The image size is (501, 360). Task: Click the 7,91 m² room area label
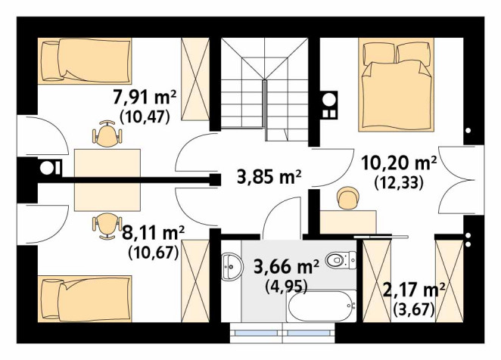coord(145,98)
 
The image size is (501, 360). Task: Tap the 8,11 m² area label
coord(154,233)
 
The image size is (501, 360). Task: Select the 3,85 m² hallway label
coord(269,177)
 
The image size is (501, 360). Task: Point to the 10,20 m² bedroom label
coord(399,163)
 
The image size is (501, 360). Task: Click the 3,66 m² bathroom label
coord(286,267)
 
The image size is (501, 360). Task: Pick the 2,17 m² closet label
coord(414,290)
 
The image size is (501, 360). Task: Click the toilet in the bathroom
coord(341,260)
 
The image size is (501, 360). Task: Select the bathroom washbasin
coord(231,267)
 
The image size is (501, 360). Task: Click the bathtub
coord(322,306)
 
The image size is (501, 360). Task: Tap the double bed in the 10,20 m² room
coord(397,85)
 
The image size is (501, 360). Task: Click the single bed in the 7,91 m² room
coord(85,61)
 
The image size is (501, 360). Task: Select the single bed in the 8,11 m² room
coord(85,299)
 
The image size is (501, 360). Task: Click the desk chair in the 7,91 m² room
coord(107,134)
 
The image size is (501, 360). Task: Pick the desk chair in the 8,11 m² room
coord(107,226)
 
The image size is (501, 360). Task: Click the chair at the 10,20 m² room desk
coord(348,198)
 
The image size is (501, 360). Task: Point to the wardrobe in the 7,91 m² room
coord(195,79)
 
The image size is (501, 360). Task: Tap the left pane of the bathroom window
coord(256,333)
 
